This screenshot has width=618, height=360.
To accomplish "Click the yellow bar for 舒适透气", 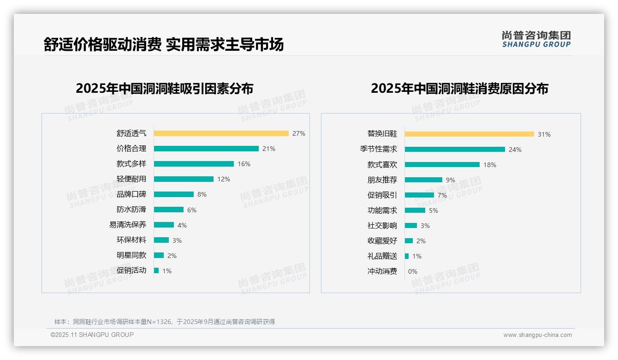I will click(221, 133).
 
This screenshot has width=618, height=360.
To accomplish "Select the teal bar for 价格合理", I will click(206, 149).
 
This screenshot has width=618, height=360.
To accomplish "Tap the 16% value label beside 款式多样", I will click(244, 164).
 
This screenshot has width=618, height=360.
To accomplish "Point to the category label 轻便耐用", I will click(131, 179).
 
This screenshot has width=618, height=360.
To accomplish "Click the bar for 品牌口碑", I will click(174, 194).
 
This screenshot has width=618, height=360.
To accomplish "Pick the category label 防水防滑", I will click(131, 210).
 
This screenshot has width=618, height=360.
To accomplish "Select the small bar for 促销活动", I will click(156, 270).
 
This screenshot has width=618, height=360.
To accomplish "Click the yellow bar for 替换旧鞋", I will click(469, 134).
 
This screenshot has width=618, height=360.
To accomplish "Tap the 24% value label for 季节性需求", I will click(515, 150).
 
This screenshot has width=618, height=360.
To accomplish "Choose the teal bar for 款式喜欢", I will click(442, 165).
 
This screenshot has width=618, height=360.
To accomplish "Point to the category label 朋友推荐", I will click(382, 180).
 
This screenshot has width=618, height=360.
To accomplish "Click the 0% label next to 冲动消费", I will click(413, 271).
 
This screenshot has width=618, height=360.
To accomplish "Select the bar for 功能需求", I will click(415, 210).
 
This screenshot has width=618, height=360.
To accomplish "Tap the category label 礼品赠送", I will click(382, 256).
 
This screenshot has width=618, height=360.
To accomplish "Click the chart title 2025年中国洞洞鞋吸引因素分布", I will click(165, 89).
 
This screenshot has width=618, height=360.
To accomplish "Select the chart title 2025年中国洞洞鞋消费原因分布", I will click(459, 89).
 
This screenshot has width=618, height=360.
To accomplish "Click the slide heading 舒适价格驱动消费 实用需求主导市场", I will click(164, 44).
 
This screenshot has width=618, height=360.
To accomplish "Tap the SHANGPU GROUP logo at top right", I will click(536, 39).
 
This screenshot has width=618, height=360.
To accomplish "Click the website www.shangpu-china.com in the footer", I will click(537, 335).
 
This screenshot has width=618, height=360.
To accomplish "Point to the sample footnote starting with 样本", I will click(165, 322).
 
